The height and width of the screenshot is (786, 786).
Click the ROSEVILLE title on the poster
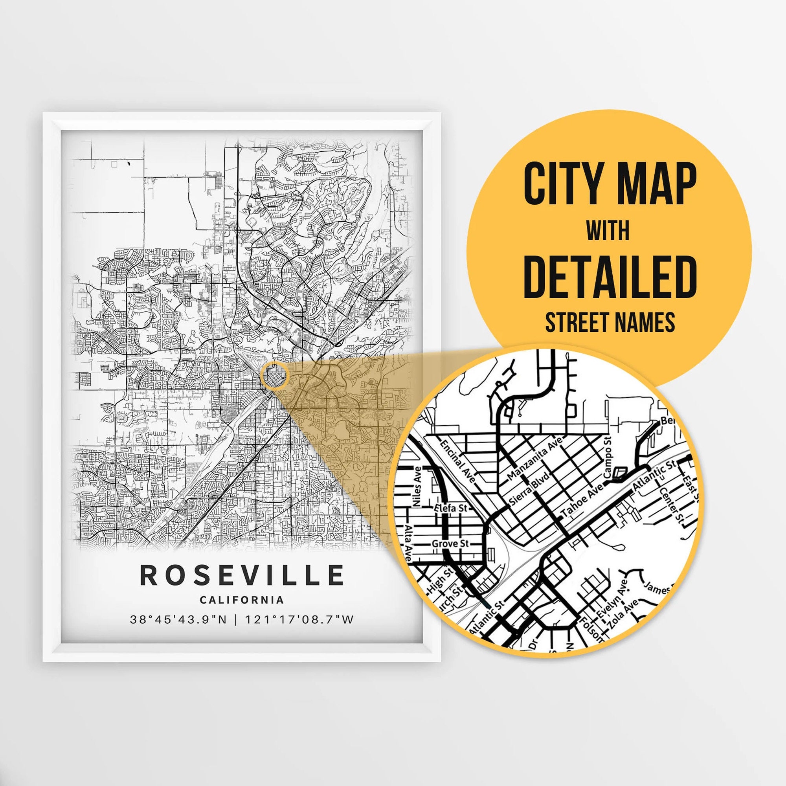tap(242, 575)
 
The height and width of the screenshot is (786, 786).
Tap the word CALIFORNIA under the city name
tap(242, 600)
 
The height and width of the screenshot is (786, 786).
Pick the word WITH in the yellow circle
tap(608, 231)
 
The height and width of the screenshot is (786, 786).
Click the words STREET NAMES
tap(610, 323)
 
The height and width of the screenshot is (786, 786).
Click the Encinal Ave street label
tap(459, 461)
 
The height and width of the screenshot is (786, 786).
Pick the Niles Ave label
tap(417, 486)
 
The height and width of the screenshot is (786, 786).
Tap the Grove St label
tap(450, 544)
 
